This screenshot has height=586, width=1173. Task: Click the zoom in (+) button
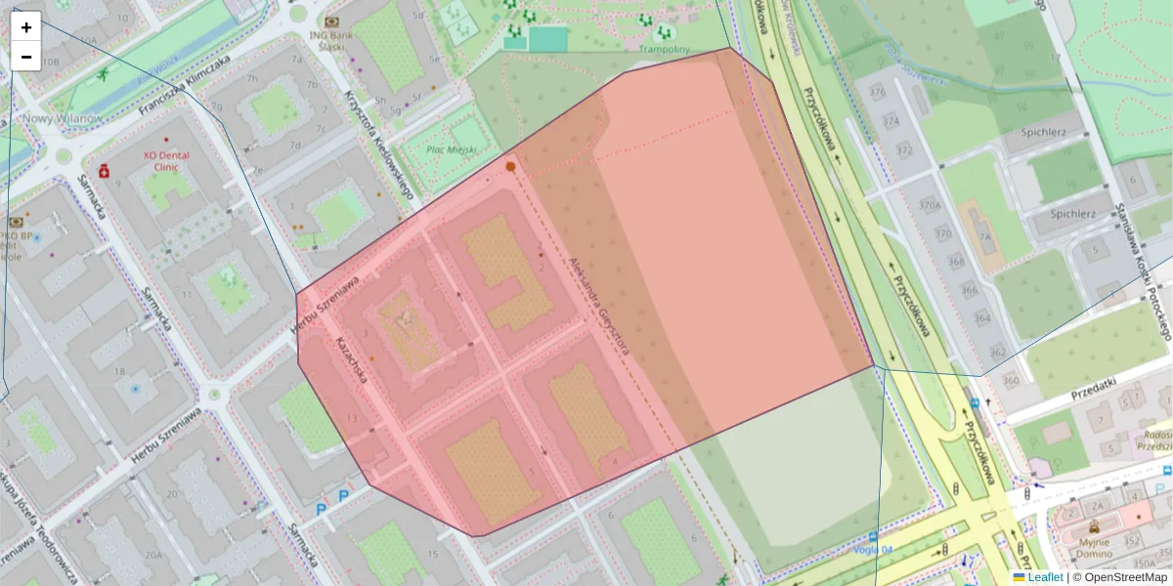(26, 27)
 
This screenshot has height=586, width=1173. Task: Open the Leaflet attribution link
(1044, 577)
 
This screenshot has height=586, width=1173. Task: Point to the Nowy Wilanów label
(62, 118)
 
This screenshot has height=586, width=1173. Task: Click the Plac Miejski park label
(452, 149)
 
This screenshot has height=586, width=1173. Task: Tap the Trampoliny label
(664, 49)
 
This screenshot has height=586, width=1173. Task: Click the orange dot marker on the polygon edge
(510, 167)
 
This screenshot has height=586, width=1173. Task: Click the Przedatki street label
(1092, 389)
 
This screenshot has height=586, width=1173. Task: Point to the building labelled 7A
(985, 237)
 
